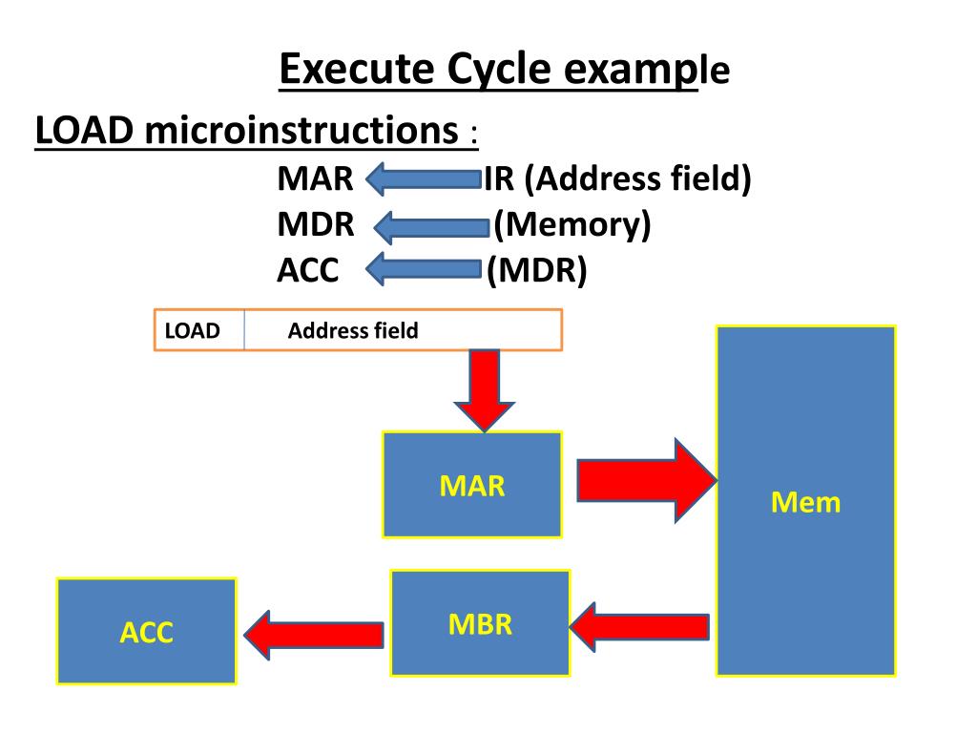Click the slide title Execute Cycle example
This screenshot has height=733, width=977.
(x=504, y=70)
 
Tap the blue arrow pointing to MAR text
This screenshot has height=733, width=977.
(x=423, y=178)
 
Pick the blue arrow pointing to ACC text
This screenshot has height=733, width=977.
(x=423, y=270)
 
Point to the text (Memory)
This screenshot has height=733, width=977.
(x=572, y=225)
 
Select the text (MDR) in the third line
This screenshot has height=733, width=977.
(x=536, y=271)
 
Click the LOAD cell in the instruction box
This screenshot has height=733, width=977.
(x=194, y=331)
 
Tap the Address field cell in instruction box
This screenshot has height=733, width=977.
(x=353, y=331)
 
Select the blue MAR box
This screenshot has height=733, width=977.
(x=471, y=485)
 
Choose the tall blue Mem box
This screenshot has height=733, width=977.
(x=806, y=501)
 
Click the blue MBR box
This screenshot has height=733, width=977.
(x=480, y=623)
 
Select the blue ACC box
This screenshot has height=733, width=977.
(x=146, y=632)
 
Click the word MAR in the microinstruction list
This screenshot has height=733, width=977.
(x=315, y=178)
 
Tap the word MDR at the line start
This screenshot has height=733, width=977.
(x=316, y=225)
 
